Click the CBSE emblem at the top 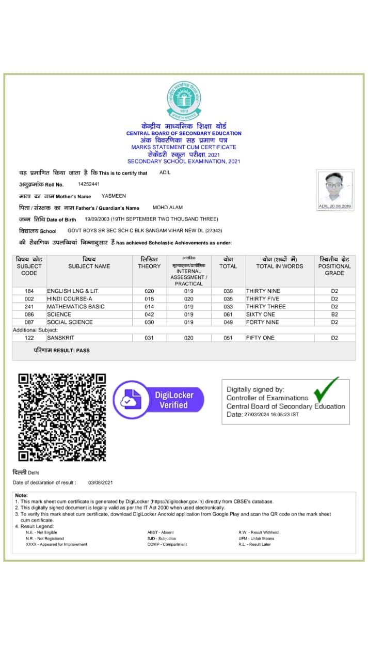[184, 100]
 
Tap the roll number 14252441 [89, 184]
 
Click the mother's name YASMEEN [114, 196]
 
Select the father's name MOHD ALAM [168, 208]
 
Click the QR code [62, 417]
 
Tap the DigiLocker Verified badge [158, 400]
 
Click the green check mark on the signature [326, 389]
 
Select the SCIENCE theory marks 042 [149, 314]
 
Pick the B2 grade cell [334, 314]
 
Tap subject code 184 [29, 291]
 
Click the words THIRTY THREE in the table [266, 307]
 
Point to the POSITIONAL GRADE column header [334, 266]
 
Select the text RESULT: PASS [61, 350]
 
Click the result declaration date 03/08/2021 [100, 482]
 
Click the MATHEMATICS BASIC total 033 [228, 307]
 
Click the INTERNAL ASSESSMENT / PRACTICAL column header [189, 274]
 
